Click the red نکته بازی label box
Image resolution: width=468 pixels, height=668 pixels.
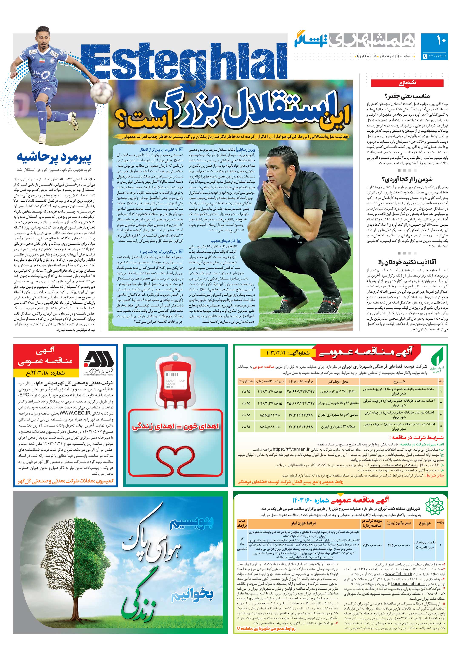[x=407, y=83]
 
